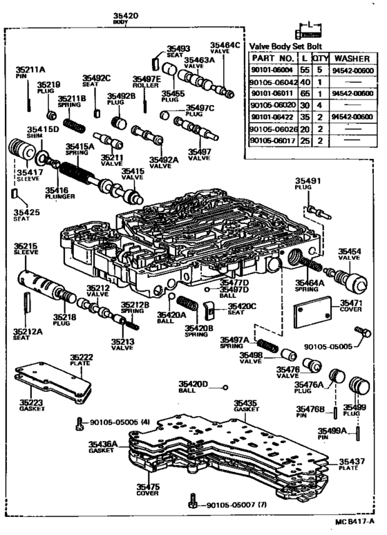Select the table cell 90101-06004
(x=272, y=71)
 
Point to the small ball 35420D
(x=225, y=387)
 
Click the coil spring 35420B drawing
(x=187, y=303)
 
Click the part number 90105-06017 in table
(x=272, y=140)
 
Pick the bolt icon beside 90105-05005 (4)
(x=82, y=422)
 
